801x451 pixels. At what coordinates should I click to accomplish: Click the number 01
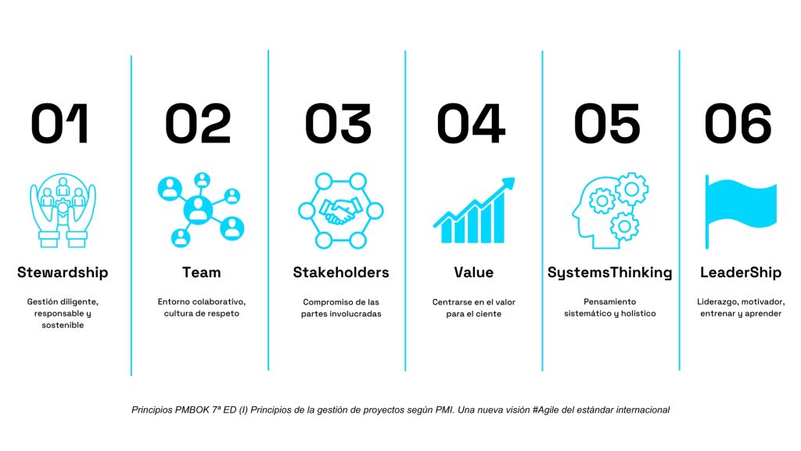(x=59, y=123)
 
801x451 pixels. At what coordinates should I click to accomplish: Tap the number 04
(x=471, y=123)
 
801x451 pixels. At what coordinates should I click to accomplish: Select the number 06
(x=738, y=123)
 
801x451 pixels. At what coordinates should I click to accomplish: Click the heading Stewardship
(x=63, y=272)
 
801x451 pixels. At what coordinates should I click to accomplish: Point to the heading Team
(x=202, y=272)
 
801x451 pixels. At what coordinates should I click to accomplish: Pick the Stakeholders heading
(x=341, y=272)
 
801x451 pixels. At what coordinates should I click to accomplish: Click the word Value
(x=473, y=272)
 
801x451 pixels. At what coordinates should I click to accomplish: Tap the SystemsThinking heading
(x=609, y=273)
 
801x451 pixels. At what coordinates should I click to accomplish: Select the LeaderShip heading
(x=741, y=272)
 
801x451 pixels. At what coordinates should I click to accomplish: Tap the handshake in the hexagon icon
(x=341, y=211)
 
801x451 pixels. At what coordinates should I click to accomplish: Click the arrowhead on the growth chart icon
(x=508, y=183)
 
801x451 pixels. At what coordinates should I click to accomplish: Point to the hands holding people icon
(x=63, y=210)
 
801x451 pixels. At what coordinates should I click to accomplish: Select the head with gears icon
(x=610, y=211)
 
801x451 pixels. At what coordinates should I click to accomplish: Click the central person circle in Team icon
(x=198, y=210)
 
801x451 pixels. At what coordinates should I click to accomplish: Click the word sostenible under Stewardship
(x=63, y=325)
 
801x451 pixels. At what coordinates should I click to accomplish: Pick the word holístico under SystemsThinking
(x=638, y=313)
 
